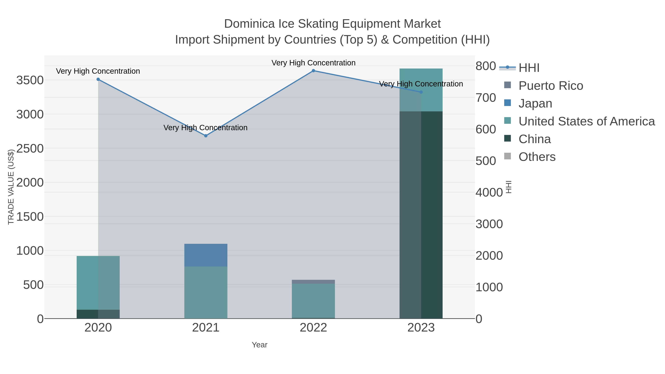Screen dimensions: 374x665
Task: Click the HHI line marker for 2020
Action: (x=98, y=79)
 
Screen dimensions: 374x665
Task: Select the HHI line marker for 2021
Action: (x=206, y=136)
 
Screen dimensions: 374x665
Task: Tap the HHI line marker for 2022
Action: (x=313, y=71)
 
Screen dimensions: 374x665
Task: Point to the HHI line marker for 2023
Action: (x=421, y=92)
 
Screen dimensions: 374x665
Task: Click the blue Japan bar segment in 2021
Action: (x=206, y=255)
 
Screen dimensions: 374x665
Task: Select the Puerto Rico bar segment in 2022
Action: (x=313, y=282)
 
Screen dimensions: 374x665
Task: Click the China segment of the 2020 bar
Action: (x=98, y=314)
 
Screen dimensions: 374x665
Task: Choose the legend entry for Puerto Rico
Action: (x=551, y=86)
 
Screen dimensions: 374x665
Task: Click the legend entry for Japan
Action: (x=535, y=103)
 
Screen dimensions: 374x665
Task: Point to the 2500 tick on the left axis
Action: (x=30, y=149)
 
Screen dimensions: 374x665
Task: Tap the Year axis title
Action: (x=260, y=345)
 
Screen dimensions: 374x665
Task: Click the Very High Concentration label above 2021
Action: (x=205, y=128)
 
